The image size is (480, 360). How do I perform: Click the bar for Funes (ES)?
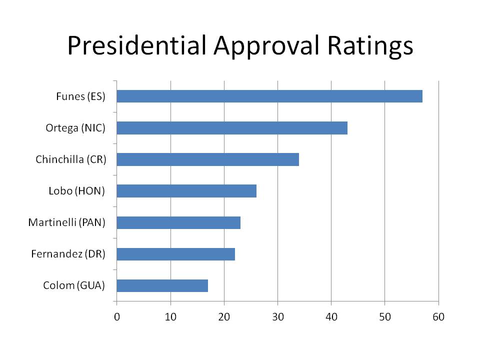click(x=269, y=96)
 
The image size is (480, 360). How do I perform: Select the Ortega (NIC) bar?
click(x=232, y=128)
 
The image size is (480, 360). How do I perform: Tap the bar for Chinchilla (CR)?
click(x=208, y=159)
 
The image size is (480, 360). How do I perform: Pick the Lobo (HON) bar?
click(x=186, y=191)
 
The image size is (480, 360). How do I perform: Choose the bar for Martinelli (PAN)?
click(x=178, y=222)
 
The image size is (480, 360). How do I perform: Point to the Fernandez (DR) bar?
click(x=175, y=254)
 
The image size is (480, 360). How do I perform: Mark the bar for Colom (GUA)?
click(x=162, y=285)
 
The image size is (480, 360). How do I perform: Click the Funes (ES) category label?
click(x=81, y=96)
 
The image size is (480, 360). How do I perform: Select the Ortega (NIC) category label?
click(x=75, y=128)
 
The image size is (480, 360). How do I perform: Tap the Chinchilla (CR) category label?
click(x=71, y=159)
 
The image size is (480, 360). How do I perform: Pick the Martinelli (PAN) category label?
click(x=66, y=222)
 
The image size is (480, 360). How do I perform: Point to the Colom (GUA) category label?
click(x=74, y=285)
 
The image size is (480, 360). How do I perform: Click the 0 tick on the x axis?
click(x=117, y=317)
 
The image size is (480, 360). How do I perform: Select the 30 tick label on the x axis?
click(x=278, y=317)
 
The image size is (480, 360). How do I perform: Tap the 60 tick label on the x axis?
click(x=438, y=317)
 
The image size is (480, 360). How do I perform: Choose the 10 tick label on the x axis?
click(x=170, y=317)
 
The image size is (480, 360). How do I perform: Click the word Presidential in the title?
click(x=137, y=45)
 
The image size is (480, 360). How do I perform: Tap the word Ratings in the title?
click(x=370, y=46)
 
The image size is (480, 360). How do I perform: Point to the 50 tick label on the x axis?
click(x=385, y=317)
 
